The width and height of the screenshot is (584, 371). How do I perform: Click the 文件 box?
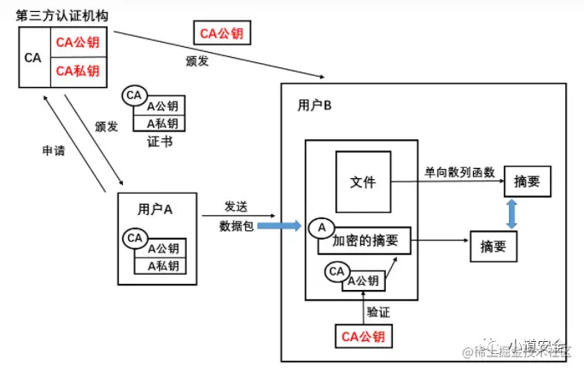(363, 181)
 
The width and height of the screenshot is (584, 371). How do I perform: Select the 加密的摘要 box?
(365, 241)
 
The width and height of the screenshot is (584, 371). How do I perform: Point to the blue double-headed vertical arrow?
(511, 213)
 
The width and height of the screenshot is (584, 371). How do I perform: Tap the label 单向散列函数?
(459, 172)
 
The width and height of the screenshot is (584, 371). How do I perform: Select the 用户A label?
(155, 209)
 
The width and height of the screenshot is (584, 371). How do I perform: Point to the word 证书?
(160, 142)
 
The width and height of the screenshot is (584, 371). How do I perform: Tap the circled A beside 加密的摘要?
(322, 228)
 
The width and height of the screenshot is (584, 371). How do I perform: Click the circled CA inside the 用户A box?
(135, 238)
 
